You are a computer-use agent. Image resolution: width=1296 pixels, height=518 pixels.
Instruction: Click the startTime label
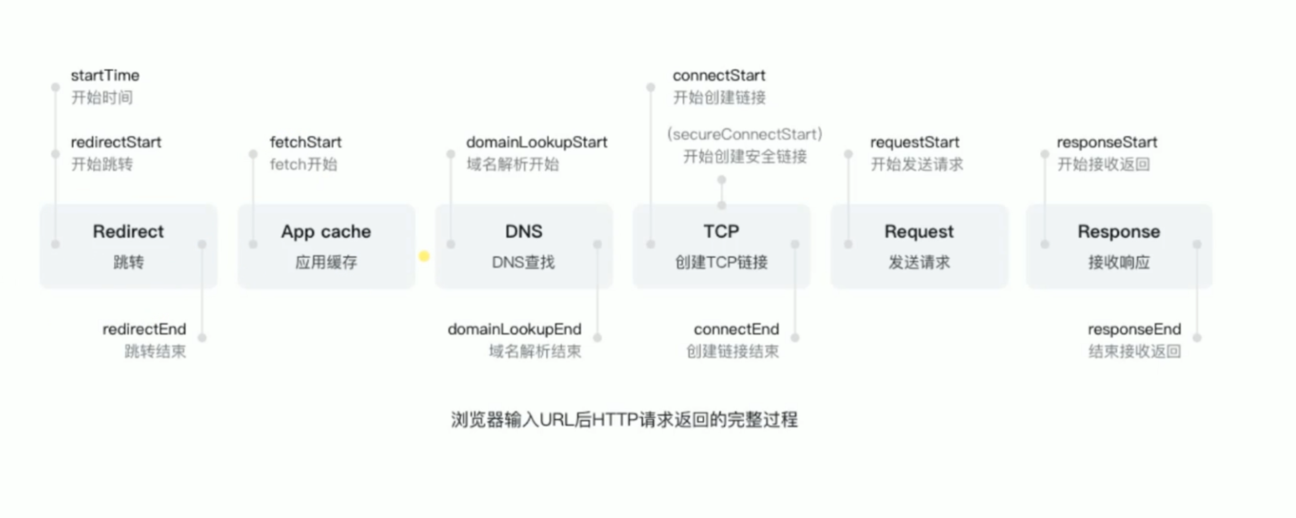point(105,75)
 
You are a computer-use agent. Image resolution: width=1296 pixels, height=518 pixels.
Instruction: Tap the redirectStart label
point(116,142)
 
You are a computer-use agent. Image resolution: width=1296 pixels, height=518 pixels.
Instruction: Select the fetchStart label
point(305,142)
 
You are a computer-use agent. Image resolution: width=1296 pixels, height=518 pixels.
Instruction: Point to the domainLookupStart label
point(537,142)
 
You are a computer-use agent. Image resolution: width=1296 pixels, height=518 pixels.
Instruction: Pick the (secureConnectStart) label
point(745,134)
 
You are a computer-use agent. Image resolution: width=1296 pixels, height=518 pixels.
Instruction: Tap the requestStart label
point(914,142)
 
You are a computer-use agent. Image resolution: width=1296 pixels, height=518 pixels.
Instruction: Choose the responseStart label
point(1107,142)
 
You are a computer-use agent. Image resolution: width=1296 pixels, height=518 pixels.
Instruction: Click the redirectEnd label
point(145,329)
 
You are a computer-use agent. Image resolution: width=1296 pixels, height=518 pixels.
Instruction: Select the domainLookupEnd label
point(514,329)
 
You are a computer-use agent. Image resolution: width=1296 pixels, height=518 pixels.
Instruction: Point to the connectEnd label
point(736,329)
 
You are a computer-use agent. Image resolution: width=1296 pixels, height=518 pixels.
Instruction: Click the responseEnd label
point(1134,329)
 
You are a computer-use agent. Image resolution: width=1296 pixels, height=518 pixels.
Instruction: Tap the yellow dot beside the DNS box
point(424,257)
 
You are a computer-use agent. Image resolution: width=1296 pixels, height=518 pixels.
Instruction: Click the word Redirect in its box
point(128,232)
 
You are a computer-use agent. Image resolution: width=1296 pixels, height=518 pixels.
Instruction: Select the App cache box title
point(326,232)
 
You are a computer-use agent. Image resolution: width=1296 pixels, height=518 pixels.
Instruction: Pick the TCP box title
point(721,232)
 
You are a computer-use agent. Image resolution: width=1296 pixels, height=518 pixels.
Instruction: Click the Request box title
point(919,232)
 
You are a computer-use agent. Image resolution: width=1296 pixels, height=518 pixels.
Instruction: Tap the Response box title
point(1118,232)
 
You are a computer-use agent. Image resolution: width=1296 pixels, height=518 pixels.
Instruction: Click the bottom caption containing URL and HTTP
point(624,419)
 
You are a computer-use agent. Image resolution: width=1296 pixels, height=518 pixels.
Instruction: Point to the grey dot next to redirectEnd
point(202,338)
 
